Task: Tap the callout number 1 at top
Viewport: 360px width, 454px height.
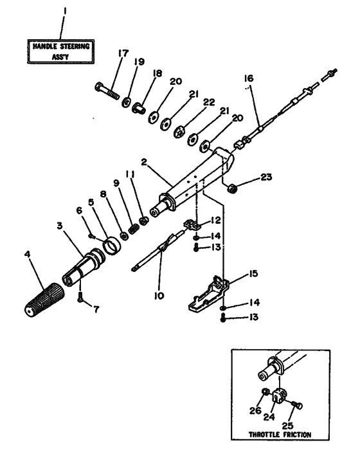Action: [62, 12]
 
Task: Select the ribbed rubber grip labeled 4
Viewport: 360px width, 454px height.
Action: [44, 298]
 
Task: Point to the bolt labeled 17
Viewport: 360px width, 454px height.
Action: [106, 88]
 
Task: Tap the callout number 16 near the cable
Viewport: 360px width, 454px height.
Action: [249, 78]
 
